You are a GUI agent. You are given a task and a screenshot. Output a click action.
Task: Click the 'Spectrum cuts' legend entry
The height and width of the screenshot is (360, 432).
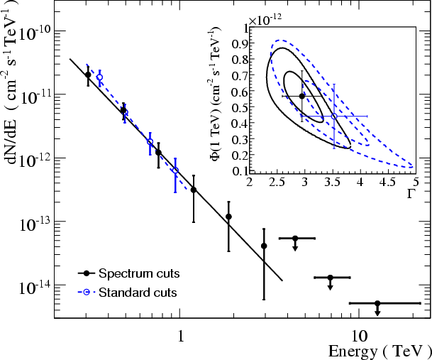coord(139,273)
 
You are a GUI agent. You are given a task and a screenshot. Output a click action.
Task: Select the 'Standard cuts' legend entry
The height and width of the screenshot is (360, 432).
coord(138,292)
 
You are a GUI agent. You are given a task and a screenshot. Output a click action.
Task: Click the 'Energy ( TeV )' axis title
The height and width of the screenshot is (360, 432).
coord(379,351)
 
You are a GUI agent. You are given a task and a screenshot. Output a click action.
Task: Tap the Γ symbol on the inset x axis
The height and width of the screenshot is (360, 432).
coord(411,193)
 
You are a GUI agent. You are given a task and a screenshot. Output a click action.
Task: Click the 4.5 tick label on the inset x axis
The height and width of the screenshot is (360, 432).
coord(387,182)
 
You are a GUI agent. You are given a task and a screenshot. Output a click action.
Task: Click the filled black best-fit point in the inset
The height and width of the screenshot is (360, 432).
coord(302,96)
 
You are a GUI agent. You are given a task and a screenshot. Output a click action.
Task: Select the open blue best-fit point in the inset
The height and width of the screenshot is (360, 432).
coord(334,116)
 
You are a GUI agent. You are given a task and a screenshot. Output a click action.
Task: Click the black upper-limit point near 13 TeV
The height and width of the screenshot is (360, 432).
coord(377,303)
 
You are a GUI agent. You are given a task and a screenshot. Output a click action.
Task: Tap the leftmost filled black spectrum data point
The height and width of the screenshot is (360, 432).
coord(88,75)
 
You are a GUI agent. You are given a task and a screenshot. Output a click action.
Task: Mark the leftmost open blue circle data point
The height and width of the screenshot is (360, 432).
coord(99,77)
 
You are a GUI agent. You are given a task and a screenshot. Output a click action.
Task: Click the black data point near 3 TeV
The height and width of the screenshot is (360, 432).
coord(264,246)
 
